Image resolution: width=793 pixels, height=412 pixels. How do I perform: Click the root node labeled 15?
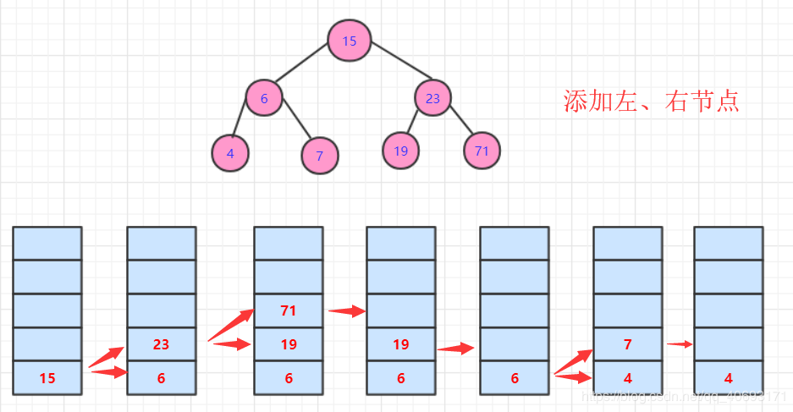[350, 41]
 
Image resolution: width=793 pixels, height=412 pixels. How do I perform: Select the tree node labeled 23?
[432, 98]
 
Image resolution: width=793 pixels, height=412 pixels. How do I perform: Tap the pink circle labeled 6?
[264, 98]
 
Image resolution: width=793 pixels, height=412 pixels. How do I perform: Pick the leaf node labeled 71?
[482, 151]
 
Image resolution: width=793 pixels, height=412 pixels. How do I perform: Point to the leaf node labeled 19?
[401, 151]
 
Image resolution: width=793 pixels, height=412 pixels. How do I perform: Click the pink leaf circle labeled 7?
[319, 156]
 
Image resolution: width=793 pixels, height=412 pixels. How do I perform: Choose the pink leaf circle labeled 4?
[230, 154]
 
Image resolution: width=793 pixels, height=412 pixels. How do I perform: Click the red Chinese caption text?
[651, 102]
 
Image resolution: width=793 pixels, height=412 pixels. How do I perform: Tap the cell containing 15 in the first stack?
[47, 377]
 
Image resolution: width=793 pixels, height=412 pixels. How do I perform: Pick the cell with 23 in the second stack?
[161, 344]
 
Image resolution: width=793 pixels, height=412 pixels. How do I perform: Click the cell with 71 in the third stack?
[289, 310]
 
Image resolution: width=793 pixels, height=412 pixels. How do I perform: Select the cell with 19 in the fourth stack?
[400, 344]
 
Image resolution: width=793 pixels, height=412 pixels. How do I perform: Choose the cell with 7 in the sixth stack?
[627, 344]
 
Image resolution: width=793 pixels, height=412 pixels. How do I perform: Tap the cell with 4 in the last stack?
[728, 377]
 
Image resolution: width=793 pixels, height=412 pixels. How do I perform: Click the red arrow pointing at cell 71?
[230, 324]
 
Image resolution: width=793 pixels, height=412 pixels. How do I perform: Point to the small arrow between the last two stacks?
[679, 343]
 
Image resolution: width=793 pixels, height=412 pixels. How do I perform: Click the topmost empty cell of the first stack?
[47, 243]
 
